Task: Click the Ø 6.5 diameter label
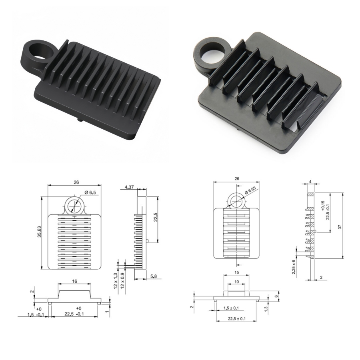pos(90,193)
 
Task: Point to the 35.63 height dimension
pos(39,232)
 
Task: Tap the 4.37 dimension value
pos(129,187)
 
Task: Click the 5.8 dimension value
pos(154,276)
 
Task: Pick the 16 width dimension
pos(74,281)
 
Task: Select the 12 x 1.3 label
pos(116,280)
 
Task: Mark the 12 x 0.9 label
pos(122,280)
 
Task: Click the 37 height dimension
pos(340,227)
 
